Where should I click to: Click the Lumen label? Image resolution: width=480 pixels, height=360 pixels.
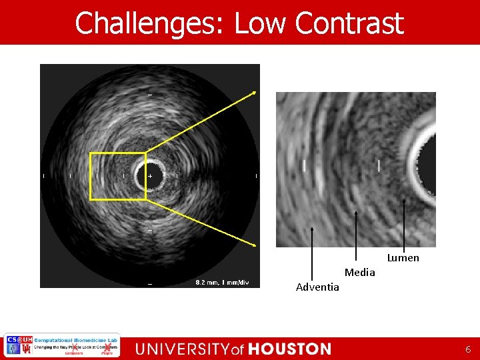pos(403,258)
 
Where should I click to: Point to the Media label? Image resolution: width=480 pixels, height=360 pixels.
pos(359,272)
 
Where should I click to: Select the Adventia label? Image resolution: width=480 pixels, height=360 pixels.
pos(317,287)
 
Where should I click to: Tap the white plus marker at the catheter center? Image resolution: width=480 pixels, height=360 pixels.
pos(150,176)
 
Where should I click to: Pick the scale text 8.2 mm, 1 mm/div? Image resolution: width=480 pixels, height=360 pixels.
pos(221,283)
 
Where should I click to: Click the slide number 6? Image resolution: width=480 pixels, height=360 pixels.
pos(468,349)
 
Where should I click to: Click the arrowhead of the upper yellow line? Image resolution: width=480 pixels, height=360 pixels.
pos(254,93)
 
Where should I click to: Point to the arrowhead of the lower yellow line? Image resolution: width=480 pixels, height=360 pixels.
pos(254,245)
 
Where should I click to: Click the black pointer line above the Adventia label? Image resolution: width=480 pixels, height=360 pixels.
pos(312,253)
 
